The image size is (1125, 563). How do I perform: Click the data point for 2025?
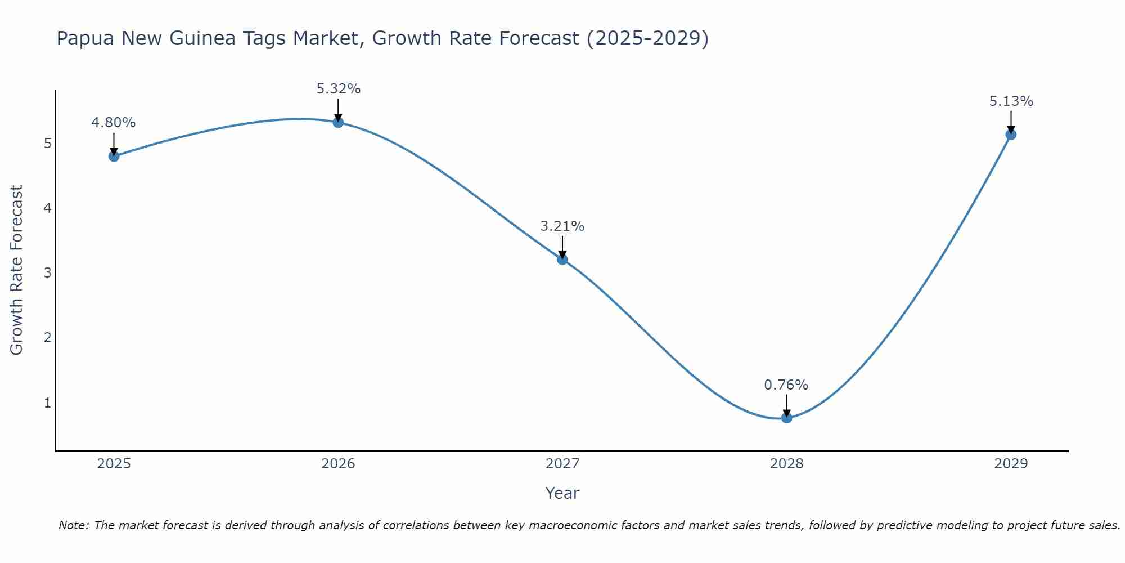tap(114, 156)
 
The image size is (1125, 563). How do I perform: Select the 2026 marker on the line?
tap(338, 122)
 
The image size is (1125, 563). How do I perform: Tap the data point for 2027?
tap(562, 259)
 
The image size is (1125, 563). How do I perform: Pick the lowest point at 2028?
tap(786, 418)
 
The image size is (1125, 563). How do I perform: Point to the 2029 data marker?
tap(1011, 135)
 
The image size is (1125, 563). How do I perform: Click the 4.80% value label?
tap(114, 123)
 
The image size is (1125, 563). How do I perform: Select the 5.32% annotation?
tap(338, 89)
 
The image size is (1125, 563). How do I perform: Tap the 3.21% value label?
tap(562, 226)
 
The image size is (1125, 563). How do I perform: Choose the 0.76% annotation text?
tap(786, 385)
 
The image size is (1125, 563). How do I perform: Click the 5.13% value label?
tap(1011, 101)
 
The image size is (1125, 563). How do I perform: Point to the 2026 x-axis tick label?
tap(338, 464)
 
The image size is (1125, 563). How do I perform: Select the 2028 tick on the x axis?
tap(786, 464)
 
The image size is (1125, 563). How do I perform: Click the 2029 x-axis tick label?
tap(1011, 464)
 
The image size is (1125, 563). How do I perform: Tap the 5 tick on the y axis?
tap(48, 144)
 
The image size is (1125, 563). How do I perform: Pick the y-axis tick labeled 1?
tap(48, 403)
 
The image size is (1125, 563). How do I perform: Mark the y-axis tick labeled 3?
tap(48, 273)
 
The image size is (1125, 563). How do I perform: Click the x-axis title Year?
tap(562, 493)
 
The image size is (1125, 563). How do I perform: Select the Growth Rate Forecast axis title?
tap(17, 270)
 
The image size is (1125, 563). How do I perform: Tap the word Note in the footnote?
tap(73, 525)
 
